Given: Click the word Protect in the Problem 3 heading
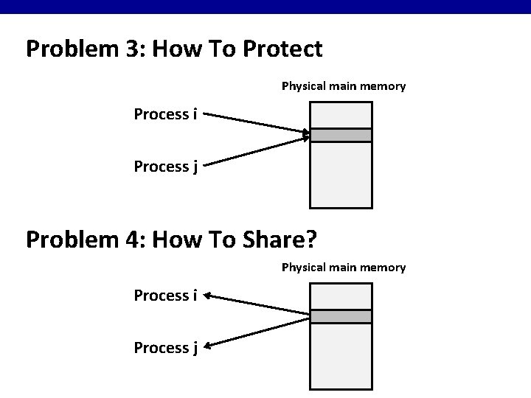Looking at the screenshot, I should pos(283,49).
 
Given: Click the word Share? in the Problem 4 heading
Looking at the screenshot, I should pos(282,239).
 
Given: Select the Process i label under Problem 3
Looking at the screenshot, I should pos(165,114).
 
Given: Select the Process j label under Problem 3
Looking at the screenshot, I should pos(165,167).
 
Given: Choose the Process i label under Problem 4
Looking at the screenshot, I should pos(165,296).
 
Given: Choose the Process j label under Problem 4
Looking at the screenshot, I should pos(165,347).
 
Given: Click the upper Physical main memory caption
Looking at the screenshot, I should pos(344,86).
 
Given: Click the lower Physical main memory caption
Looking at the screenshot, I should pos(344,267).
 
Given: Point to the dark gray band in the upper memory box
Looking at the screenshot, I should pos(341,135).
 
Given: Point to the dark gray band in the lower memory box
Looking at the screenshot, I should pos(341,316).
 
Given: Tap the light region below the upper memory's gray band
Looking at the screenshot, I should pos(341,174).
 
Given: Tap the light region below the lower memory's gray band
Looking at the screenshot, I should pos(341,355).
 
